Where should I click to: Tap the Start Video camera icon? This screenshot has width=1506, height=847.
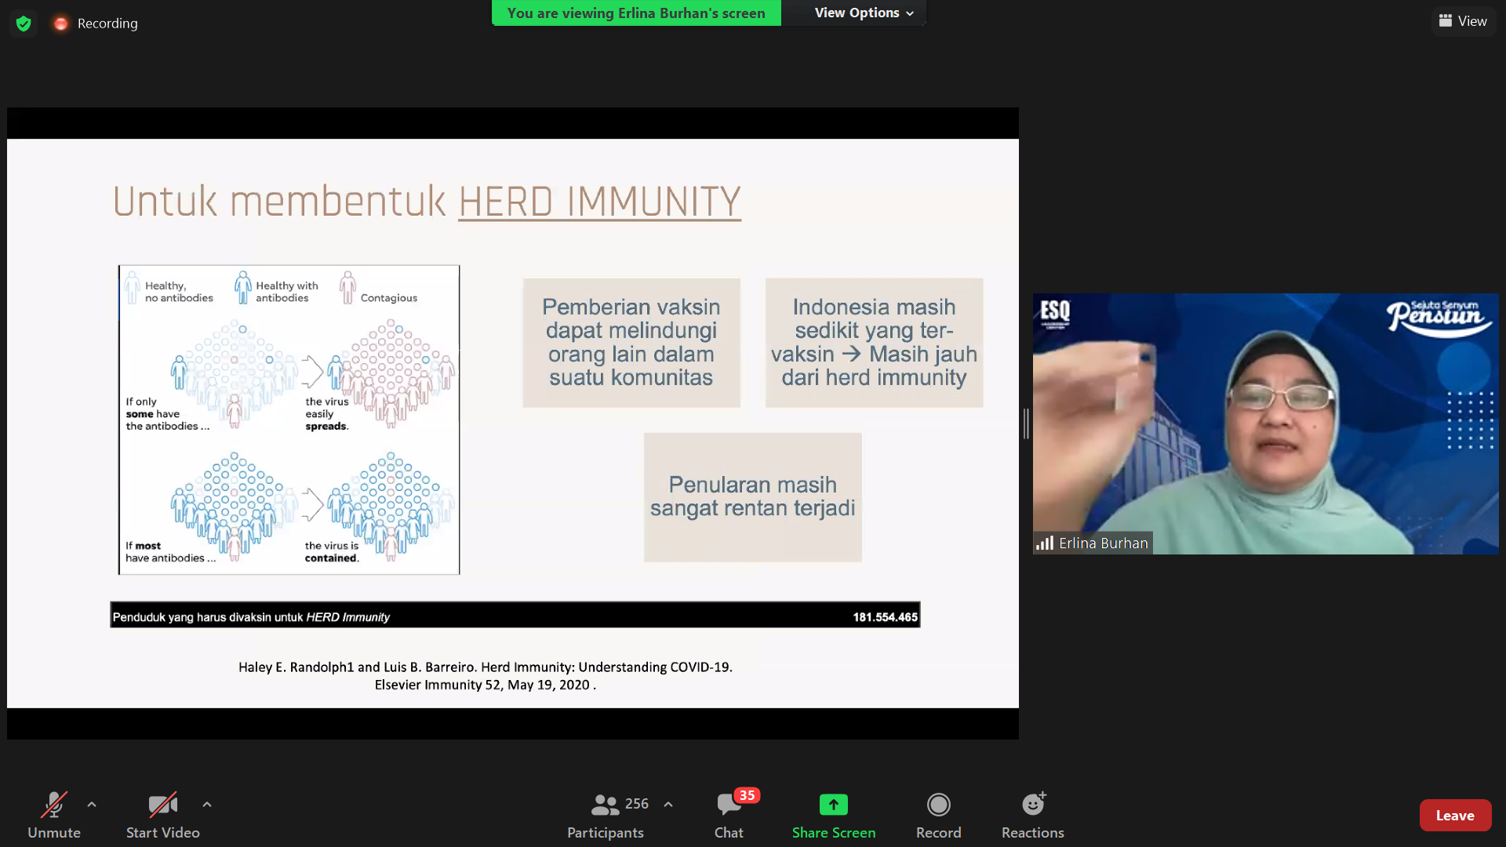point(163,805)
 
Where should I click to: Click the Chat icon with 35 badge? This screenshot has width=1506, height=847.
point(729,805)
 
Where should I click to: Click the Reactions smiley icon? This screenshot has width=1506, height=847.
point(1033,804)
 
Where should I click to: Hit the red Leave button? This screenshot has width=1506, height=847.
point(1455,816)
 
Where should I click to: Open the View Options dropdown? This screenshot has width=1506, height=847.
point(864,13)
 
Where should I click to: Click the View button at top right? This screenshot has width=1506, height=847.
point(1463,21)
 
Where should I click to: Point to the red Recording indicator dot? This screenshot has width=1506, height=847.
point(60,24)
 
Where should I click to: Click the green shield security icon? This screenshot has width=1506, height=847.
point(24,24)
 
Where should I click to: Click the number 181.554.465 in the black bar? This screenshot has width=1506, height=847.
point(885,617)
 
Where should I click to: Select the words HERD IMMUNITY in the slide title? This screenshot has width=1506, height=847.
point(599,202)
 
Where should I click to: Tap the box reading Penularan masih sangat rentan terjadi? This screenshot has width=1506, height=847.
point(753,497)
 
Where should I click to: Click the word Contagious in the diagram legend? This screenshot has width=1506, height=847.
point(389,298)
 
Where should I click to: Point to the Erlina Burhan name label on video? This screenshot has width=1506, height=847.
point(1103,543)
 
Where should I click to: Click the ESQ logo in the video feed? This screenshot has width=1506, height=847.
point(1055,312)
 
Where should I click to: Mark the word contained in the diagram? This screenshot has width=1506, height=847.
point(332,558)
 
